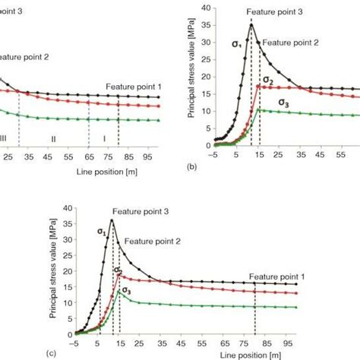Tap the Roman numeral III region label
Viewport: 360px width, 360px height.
(4, 139)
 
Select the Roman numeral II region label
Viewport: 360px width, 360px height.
(54, 139)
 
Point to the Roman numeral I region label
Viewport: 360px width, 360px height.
(104, 139)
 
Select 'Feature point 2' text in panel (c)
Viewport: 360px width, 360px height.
(152, 240)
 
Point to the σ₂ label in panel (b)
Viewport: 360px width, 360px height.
(268, 80)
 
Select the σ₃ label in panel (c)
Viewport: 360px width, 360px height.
(126, 290)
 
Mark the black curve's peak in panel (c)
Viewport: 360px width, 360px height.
(112, 220)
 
